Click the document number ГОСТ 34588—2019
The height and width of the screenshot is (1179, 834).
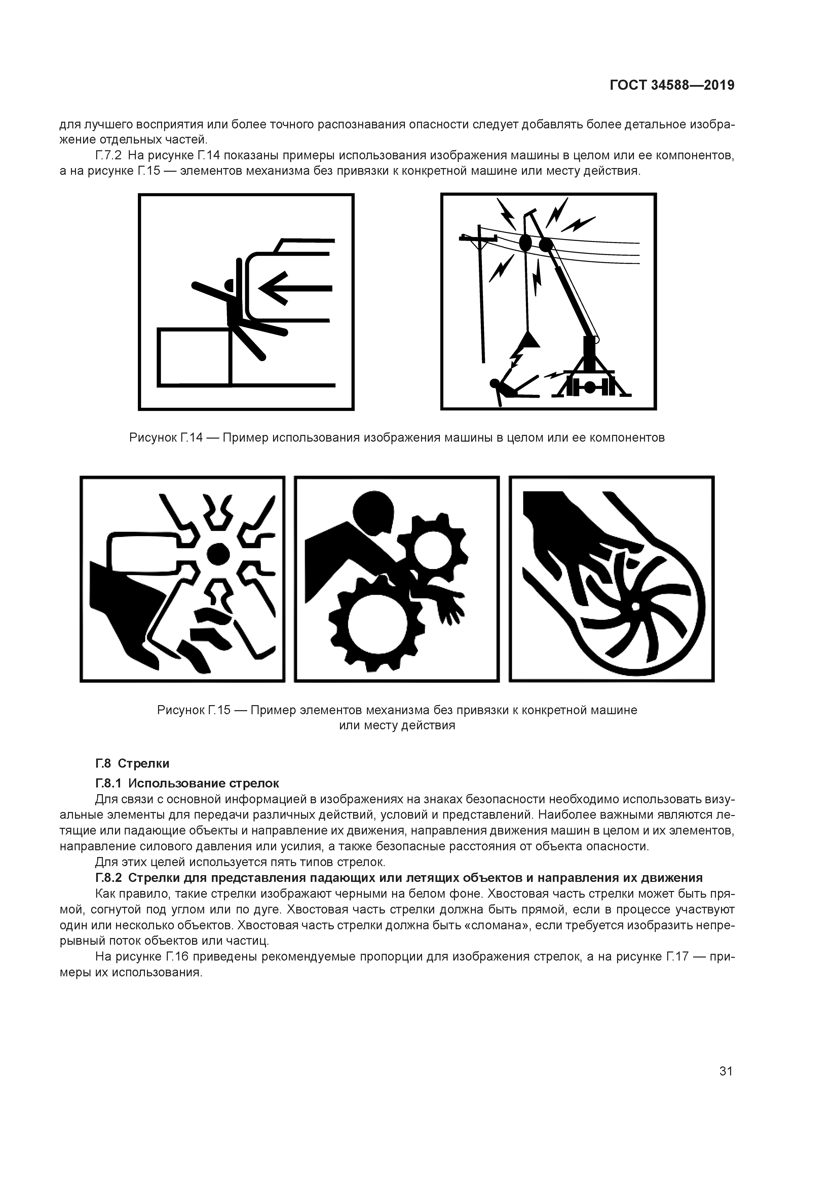coord(672,85)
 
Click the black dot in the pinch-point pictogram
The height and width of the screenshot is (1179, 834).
coord(218,554)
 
